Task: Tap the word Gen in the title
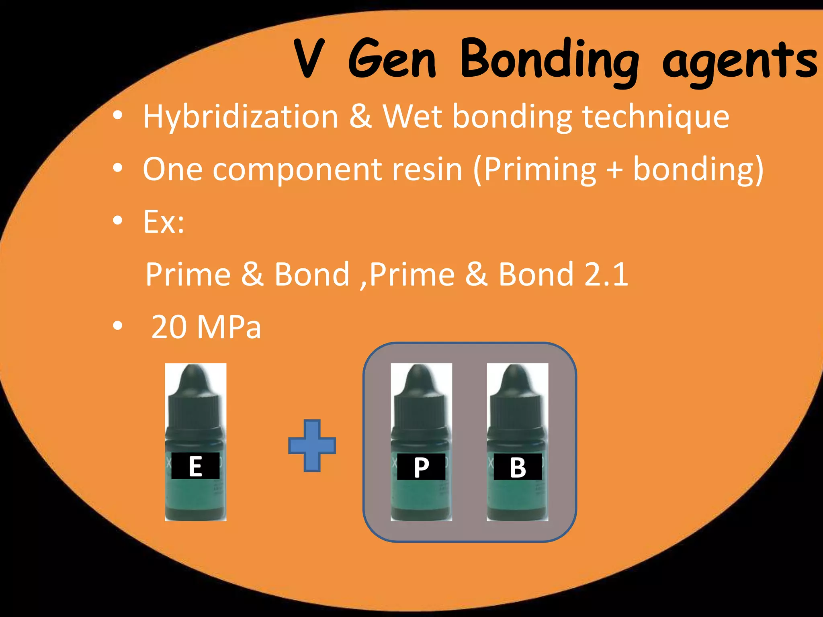point(392,59)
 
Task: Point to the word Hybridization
point(241,117)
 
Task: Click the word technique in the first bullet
point(656,117)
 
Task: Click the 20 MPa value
point(206,327)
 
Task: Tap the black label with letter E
point(195,466)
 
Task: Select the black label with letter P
point(421,467)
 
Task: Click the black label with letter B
point(518,467)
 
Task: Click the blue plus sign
point(312,445)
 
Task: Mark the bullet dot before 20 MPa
point(117,326)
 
